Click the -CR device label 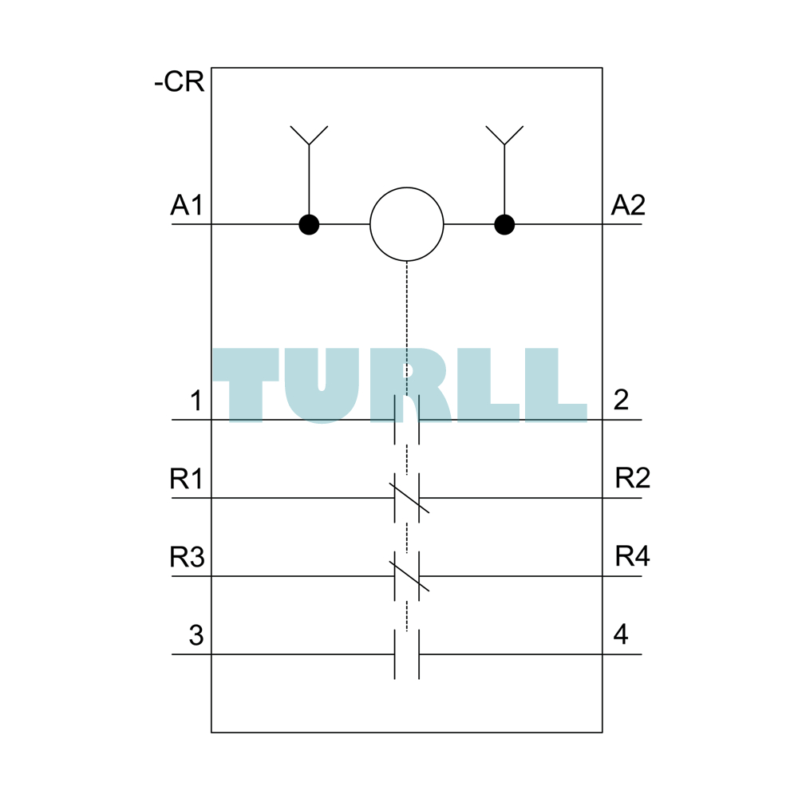179,81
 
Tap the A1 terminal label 187,205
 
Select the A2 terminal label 628,205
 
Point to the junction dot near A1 309,224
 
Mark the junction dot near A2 504,224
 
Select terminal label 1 196,400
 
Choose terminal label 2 621,400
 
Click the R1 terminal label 186,478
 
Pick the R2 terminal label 633,478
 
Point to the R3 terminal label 187,556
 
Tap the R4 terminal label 633,555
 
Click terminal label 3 196,635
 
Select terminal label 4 621,634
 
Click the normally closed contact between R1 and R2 407,498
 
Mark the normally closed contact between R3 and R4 407,576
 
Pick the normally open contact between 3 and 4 407,654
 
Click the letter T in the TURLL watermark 246,385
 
